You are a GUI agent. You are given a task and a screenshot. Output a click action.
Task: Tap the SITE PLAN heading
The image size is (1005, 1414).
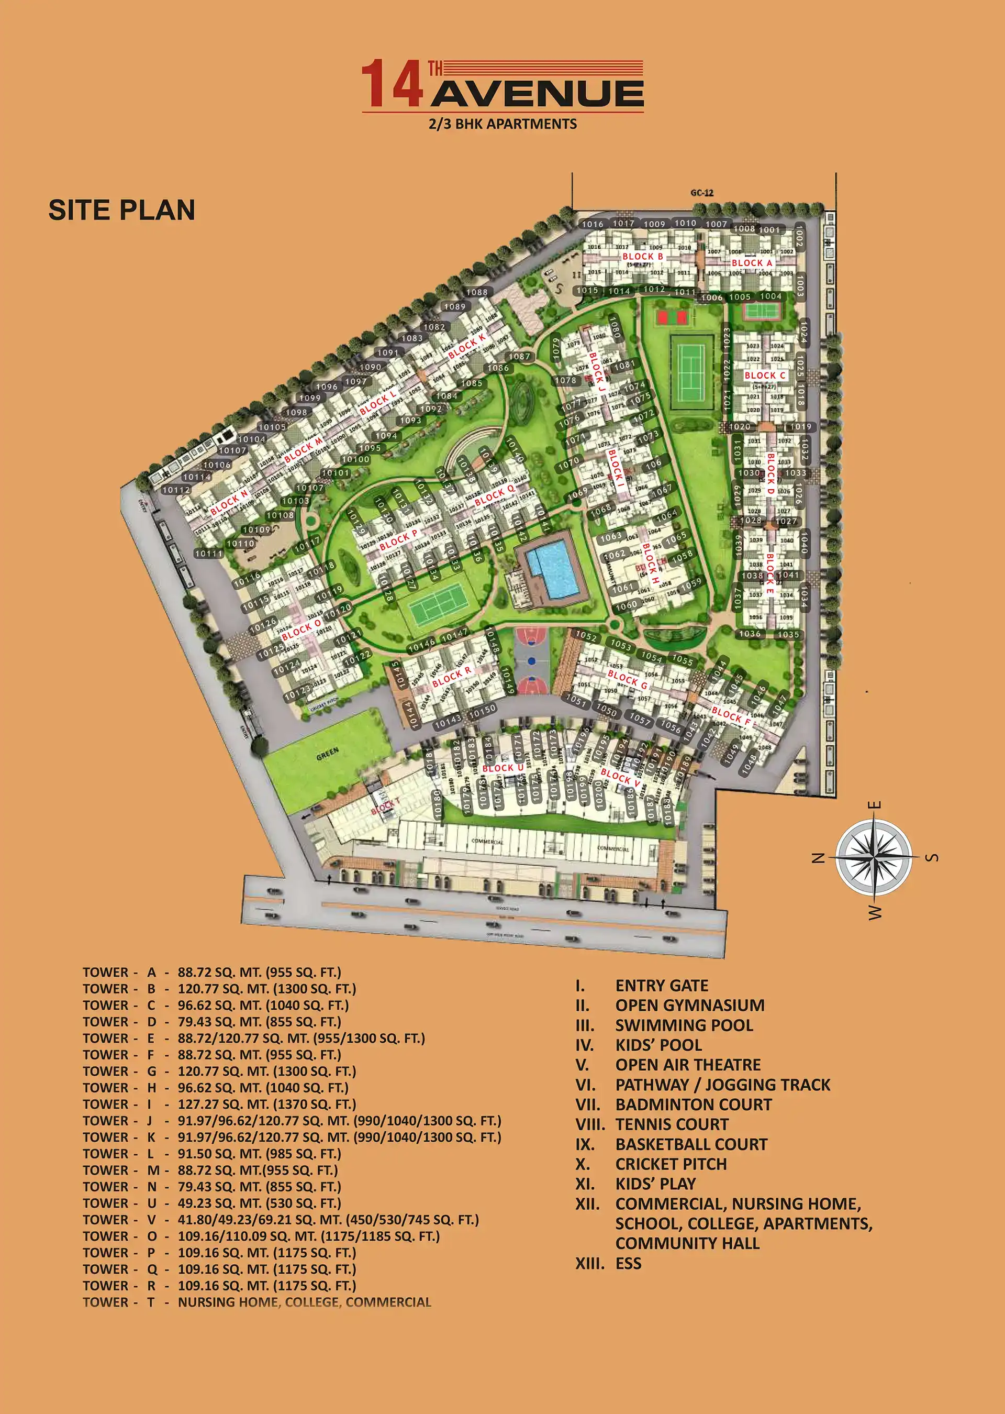click(122, 211)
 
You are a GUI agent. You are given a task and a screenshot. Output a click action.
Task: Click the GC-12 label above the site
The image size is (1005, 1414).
click(702, 193)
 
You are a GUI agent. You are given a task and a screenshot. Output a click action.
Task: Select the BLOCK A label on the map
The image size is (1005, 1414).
click(751, 262)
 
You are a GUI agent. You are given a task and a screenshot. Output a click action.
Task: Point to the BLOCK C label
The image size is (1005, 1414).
click(765, 375)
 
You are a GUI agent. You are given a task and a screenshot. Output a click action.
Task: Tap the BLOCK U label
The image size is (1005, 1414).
click(502, 768)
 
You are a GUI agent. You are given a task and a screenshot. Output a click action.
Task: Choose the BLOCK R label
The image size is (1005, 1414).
click(451, 676)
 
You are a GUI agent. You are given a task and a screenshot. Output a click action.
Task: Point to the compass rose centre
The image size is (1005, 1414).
click(873, 857)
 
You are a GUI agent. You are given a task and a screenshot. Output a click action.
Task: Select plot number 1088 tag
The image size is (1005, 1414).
click(476, 292)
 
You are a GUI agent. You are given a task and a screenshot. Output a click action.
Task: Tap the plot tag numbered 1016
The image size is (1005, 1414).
click(592, 224)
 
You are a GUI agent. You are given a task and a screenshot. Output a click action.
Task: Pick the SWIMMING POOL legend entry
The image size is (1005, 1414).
click(684, 1025)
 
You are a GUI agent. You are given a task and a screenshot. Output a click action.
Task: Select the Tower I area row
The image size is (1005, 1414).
click(220, 1104)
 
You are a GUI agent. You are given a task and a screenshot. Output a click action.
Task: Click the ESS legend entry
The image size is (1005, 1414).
click(628, 1263)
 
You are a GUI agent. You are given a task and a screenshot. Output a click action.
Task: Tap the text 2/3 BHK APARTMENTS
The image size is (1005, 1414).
click(502, 124)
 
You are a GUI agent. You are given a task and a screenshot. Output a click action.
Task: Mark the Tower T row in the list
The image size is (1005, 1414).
click(257, 1302)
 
